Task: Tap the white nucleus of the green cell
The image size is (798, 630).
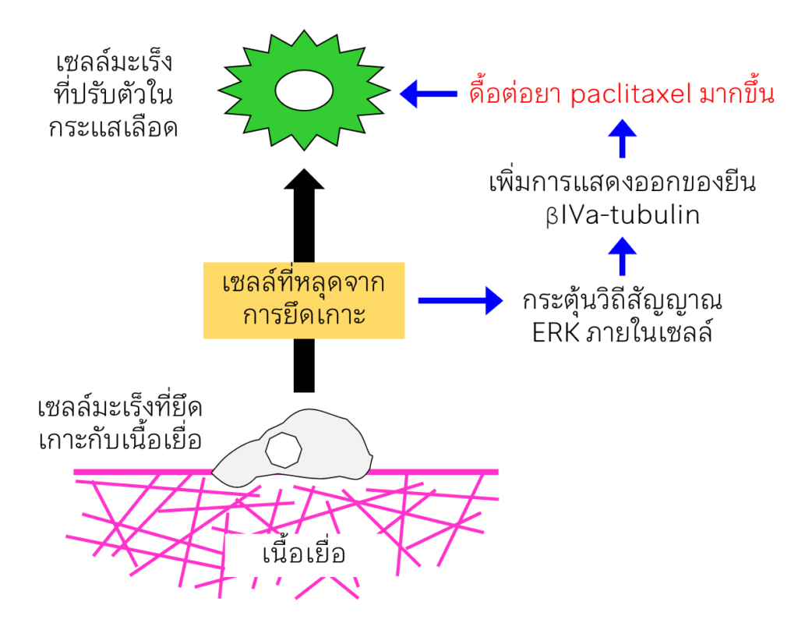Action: coord(305,92)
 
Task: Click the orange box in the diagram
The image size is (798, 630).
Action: coord(304,300)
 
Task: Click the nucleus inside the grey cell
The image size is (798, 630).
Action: coord(283,450)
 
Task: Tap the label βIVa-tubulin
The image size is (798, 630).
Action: coord(622,215)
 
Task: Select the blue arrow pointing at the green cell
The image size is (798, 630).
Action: coord(429,94)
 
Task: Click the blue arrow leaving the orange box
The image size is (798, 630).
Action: coord(460,300)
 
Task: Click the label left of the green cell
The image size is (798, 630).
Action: coord(113,94)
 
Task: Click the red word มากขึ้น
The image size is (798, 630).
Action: coord(729,94)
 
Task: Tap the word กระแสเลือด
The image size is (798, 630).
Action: coord(113,127)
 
